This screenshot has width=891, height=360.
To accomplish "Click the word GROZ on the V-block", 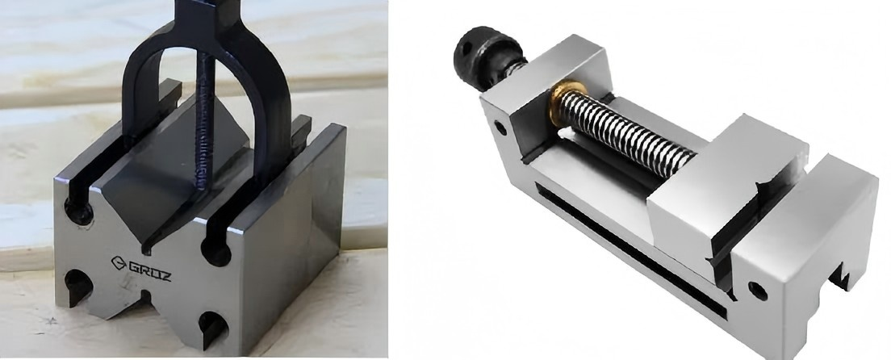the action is click(x=150, y=271).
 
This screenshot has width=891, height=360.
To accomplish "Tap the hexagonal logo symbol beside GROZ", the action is click(x=118, y=263).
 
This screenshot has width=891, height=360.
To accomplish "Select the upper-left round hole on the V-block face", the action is click(x=78, y=211).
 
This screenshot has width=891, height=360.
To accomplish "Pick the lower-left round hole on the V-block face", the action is click(x=78, y=284).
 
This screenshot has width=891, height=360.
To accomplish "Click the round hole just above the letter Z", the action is click(x=216, y=250).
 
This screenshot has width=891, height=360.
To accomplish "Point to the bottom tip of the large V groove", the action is click(x=147, y=249).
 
